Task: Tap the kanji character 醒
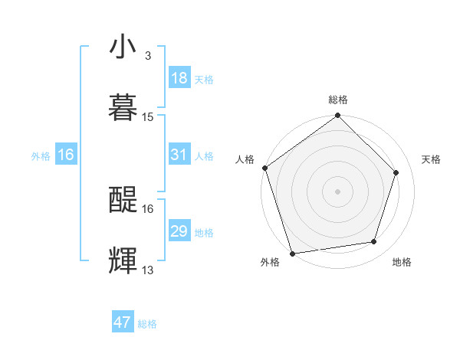[x=123, y=200]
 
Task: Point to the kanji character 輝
[x=123, y=260]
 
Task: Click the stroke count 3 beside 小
[x=148, y=56]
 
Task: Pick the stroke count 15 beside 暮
[x=148, y=116]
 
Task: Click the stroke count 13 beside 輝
[x=148, y=270]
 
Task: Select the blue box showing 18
[x=179, y=78]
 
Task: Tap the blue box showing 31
[x=179, y=155]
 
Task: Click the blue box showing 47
[x=123, y=322]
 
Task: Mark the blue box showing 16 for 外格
[x=66, y=155]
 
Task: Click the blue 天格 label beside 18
[x=204, y=79]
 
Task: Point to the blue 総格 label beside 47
[x=147, y=324]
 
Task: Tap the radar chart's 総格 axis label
[x=338, y=100]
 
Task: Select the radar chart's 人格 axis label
[x=245, y=159]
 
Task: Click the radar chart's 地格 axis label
[x=402, y=262]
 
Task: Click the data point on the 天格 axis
[x=396, y=172]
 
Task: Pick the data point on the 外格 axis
[x=292, y=253]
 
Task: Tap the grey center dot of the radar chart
[x=338, y=191]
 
